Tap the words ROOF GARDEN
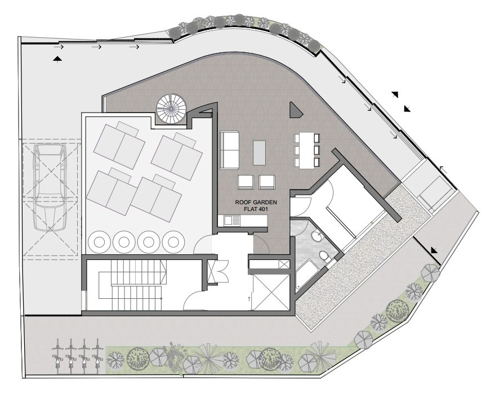tap(256, 203)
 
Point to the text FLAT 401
tap(256, 209)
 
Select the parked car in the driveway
tap(50, 187)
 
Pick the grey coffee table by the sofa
tap(260, 153)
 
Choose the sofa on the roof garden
tap(229, 150)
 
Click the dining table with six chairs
tap(307, 151)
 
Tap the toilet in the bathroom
tap(324, 257)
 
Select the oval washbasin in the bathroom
tap(317, 237)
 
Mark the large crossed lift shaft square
tap(270, 292)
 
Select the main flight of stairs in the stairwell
tap(138, 284)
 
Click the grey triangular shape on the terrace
tap(296, 110)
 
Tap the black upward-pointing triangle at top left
tap(57, 58)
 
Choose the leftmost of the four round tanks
tap(99, 241)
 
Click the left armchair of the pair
tap(246, 182)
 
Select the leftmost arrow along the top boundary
tap(59, 47)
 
